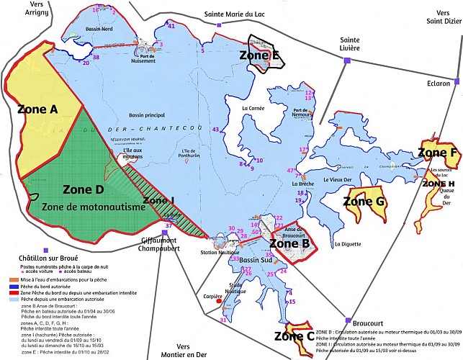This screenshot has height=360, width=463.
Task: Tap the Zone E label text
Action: pos(260,54)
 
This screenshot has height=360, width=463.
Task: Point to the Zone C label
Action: pos(293,336)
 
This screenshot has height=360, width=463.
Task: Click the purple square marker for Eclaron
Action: pos(455,80)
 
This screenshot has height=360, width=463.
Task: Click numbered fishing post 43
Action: pos(215,129)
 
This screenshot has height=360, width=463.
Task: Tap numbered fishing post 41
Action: pos(171,26)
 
